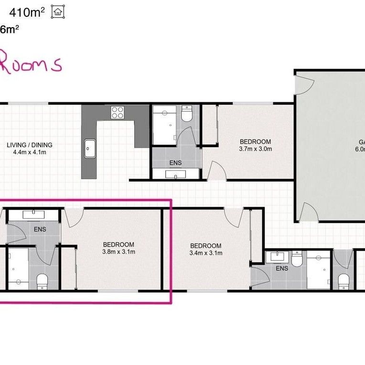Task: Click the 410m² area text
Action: (x=27, y=12)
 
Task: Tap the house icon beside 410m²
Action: (x=58, y=12)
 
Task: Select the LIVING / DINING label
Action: (x=30, y=145)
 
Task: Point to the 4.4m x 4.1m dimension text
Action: (x=30, y=152)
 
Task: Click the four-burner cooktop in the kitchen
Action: (x=118, y=113)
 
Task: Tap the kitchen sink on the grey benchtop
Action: (x=89, y=148)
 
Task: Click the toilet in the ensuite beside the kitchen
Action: (x=187, y=115)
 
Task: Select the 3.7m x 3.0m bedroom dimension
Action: (x=255, y=149)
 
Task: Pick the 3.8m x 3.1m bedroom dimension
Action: (x=118, y=252)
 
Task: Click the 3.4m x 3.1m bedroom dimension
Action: (x=205, y=253)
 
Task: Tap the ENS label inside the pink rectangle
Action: (x=40, y=229)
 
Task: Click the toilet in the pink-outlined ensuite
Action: (x=42, y=282)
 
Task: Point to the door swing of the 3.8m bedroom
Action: (x=74, y=217)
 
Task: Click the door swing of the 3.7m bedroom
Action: (x=216, y=171)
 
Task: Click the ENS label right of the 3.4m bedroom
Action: (x=282, y=268)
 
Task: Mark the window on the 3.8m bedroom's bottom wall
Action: (x=118, y=290)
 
